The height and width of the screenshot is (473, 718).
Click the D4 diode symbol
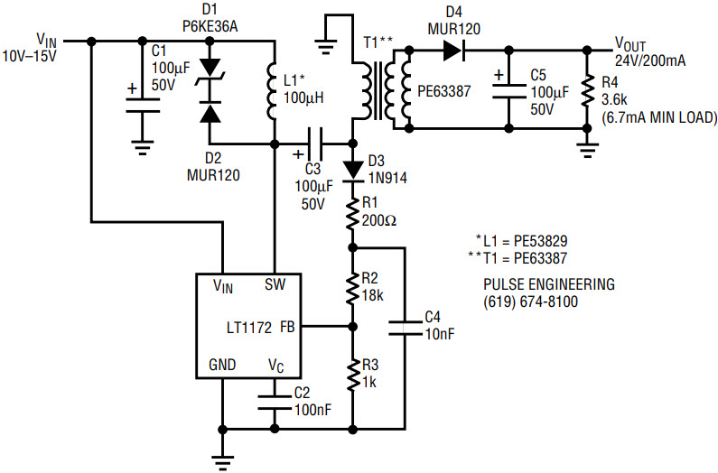(453, 50)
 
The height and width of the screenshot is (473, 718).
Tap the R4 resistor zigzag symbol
(586, 92)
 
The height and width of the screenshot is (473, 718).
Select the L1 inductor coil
(272, 92)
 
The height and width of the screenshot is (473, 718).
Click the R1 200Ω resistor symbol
(352, 213)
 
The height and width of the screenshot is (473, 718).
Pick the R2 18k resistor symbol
(352, 289)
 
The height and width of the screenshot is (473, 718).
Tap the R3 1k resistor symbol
(352, 375)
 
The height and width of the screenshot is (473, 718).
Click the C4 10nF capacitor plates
(405, 329)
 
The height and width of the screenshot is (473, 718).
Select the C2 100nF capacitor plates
(275, 402)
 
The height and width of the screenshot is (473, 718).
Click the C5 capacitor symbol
(508, 90)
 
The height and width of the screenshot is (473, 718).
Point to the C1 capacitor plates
(143, 105)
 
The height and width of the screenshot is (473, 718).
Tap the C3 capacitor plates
(314, 144)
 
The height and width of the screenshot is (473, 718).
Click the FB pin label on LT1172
(287, 328)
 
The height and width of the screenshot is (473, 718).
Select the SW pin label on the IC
(275, 285)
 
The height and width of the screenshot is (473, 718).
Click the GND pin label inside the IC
(222, 365)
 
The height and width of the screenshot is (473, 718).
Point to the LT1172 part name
(249, 328)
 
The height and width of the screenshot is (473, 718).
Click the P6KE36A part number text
(210, 26)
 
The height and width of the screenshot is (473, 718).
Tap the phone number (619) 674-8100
(531, 301)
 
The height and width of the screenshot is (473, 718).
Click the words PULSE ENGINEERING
(549, 284)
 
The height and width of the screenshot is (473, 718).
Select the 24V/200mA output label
(650, 60)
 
